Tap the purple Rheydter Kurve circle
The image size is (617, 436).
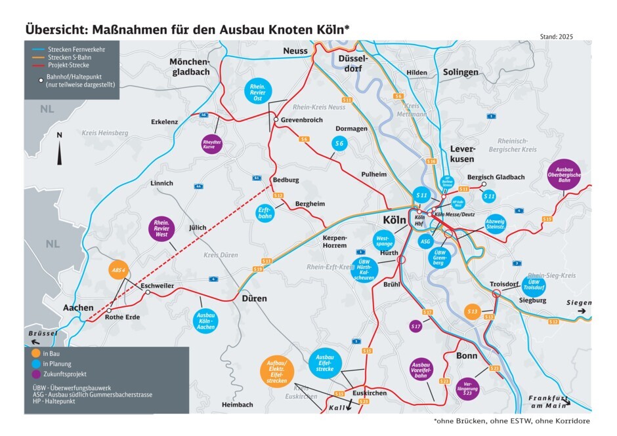tap(209, 144)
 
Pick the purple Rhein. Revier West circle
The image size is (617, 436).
tap(161, 229)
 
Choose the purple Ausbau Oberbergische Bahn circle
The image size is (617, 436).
tap(564, 175)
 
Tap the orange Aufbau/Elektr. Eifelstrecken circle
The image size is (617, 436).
tap(280, 374)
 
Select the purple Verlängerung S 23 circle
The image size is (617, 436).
tap(468, 387)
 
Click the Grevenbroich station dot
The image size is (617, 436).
tap(276, 120)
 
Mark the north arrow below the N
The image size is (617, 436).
tap(60, 154)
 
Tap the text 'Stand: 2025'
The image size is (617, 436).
tap(556, 37)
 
